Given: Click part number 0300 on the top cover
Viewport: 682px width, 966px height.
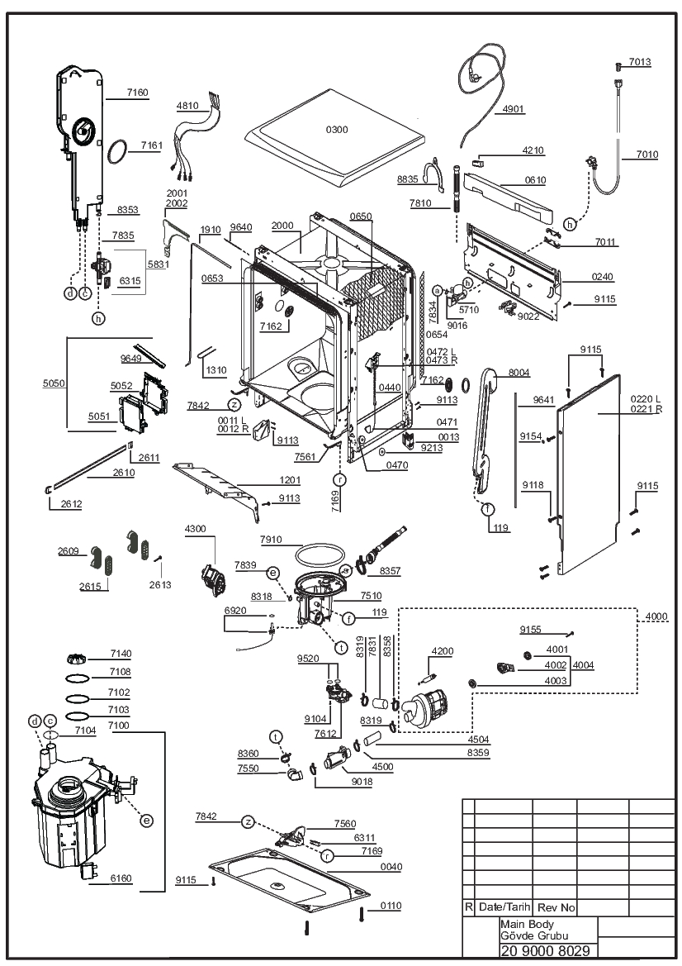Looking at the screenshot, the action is (337, 130).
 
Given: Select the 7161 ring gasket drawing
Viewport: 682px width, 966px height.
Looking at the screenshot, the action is (117, 153).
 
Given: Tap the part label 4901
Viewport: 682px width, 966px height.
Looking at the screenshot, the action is (514, 109).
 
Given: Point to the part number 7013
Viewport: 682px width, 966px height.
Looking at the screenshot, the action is (640, 62).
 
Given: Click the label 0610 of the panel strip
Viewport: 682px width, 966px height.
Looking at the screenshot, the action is (536, 180).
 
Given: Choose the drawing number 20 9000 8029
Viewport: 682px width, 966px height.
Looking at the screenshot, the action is (546, 951).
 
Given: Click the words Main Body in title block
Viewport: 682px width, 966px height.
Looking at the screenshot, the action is (527, 924).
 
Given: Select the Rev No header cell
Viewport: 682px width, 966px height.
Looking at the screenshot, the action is (556, 907).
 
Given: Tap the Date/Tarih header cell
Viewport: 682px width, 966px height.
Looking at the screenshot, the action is (504, 907).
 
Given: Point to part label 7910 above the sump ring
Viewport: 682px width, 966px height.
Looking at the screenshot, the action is (271, 540).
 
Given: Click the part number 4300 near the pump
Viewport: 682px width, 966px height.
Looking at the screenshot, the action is (195, 529).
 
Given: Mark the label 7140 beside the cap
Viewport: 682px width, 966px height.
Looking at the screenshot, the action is (121, 654).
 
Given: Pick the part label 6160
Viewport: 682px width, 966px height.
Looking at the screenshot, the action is (121, 878).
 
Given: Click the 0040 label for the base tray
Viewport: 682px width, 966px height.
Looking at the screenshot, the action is (391, 867).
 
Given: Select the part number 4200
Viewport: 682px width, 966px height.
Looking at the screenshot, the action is (442, 651).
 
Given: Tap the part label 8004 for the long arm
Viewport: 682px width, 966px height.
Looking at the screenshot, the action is (519, 373).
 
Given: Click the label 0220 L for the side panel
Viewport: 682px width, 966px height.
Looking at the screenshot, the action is (645, 400).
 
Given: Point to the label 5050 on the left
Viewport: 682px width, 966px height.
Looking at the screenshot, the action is (54, 383).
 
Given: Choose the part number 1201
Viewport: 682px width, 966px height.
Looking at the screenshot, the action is (289, 480).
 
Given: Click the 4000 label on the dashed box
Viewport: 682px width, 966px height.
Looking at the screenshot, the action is (656, 616).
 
